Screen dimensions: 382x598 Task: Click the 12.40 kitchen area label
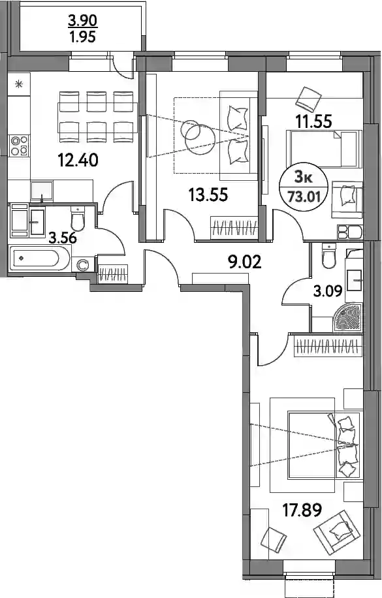78,160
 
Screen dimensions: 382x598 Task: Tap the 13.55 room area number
208,195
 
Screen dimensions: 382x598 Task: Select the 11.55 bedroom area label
313,121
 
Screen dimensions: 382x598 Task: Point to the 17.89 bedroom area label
302,509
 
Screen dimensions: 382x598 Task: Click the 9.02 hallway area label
245,262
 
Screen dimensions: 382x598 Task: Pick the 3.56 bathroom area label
63,238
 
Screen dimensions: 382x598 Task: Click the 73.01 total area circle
304,188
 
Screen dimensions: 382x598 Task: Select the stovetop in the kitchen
20,146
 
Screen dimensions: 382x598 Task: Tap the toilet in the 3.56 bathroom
78,217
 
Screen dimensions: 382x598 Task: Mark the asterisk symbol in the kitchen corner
19,84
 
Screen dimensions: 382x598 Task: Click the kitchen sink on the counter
42,191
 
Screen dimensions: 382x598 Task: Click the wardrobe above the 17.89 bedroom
328,347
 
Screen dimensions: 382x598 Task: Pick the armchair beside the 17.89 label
336,531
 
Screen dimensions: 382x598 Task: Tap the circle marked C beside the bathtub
82,264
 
